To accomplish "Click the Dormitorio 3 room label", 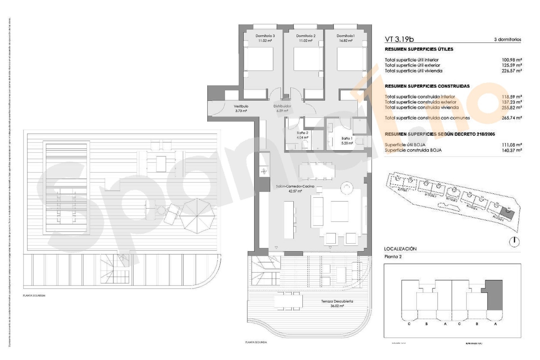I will (265, 36).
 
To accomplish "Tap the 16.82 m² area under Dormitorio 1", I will (346, 40).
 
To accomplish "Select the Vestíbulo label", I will (241, 106).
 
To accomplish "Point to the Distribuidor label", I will (282, 106).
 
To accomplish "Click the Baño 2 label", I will (302, 133).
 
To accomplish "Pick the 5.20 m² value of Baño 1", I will (347, 143).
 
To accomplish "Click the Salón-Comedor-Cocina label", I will (295, 186).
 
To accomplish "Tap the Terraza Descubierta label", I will (337, 301).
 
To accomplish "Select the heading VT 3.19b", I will (399, 39).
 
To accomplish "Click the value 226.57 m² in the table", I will (512, 71).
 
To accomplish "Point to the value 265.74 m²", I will (512, 118).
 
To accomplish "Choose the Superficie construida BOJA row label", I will (413, 150).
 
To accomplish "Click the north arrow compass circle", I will (514, 242).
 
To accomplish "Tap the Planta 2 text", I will (393, 257).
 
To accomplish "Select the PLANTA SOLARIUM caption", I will (34, 296).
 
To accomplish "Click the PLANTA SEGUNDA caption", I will (256, 342).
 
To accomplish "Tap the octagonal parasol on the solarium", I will (197, 216).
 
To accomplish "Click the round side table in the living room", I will (347, 188).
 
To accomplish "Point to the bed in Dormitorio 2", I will (306, 59).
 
